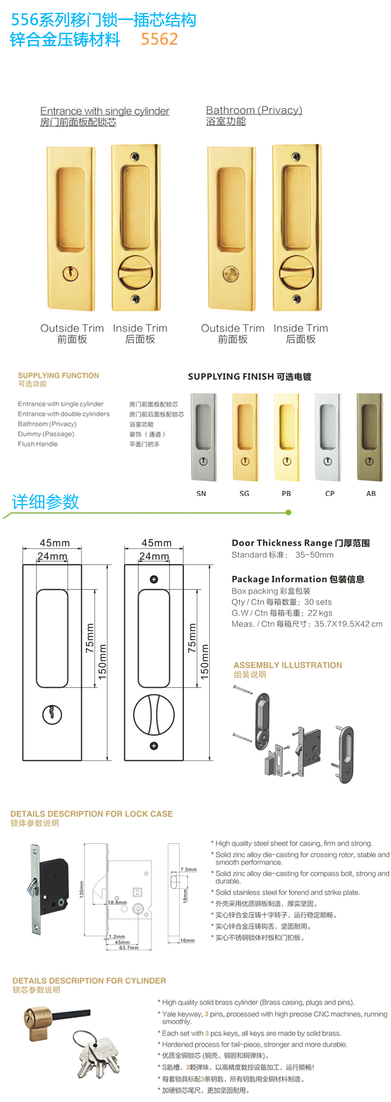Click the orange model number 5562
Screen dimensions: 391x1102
point(159,39)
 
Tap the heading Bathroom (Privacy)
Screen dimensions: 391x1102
point(254,110)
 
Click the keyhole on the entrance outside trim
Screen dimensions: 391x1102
point(70,273)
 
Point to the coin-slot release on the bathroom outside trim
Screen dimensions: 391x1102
point(231,273)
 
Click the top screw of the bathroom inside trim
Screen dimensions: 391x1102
point(298,156)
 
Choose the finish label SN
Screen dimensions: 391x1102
point(201,494)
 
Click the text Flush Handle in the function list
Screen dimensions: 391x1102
point(37,444)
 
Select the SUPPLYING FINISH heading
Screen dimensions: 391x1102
point(249,377)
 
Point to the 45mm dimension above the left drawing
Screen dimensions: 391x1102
point(55,543)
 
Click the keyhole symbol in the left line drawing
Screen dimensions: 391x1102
point(52,715)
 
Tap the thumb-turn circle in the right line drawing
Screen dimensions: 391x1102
point(154,715)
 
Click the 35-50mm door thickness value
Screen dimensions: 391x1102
point(314,555)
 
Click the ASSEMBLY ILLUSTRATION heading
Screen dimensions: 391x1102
point(287,665)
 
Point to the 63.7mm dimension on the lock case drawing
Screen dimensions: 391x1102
point(129,948)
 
